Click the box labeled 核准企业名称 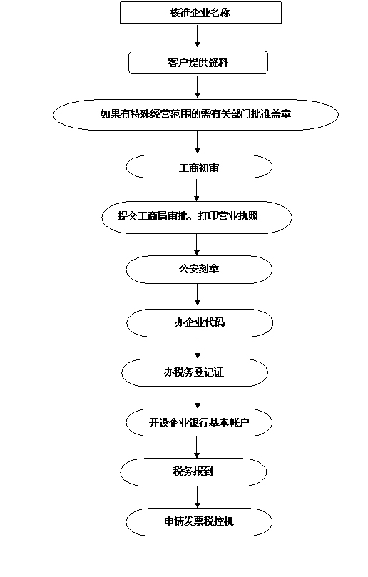[200, 13]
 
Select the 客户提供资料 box [198, 63]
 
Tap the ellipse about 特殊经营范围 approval [195, 114]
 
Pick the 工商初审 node [199, 167]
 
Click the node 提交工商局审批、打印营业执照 [197, 217]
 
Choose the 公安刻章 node [199, 270]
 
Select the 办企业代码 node [200, 322]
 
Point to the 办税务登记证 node [195, 372]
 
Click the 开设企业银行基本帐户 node [199, 422]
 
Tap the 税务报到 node [193, 472]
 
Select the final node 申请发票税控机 [199, 522]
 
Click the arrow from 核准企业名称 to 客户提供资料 [198, 36]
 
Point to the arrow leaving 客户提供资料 [198, 86]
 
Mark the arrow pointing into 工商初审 [198, 143]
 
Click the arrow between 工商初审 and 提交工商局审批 [197, 190]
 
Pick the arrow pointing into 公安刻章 [197, 245]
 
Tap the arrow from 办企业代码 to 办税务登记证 [198, 348]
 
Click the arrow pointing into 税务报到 [197, 447]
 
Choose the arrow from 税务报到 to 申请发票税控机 [198, 497]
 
